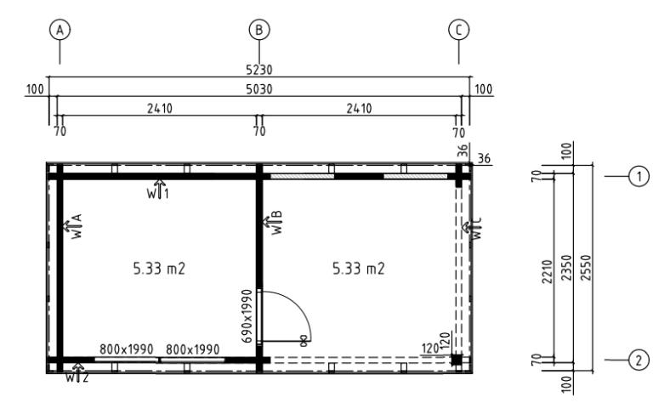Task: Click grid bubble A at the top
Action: click(x=60, y=30)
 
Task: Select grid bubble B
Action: click(x=259, y=30)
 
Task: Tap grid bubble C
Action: click(x=458, y=30)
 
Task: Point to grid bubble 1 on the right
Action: click(x=639, y=177)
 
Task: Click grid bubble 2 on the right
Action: click(x=639, y=360)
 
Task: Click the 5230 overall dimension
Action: click(x=259, y=70)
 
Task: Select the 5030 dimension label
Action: click(x=259, y=89)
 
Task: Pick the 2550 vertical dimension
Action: click(x=586, y=268)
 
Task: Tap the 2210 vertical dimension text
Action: click(x=547, y=272)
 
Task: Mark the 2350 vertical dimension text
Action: click(x=566, y=268)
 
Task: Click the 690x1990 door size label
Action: click(x=247, y=316)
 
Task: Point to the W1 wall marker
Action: click(x=158, y=190)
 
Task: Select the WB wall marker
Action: click(x=273, y=223)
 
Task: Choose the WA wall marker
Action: click(x=73, y=226)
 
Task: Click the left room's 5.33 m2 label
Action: click(x=159, y=269)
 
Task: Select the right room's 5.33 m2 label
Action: click(x=359, y=269)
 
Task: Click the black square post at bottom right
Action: click(x=457, y=360)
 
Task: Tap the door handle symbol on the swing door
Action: click(x=304, y=341)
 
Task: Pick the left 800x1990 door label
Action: click(x=126, y=349)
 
